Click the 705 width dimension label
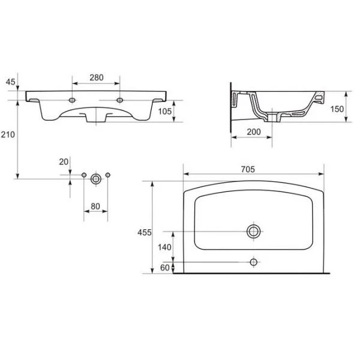pyautogui.click(x=248, y=169)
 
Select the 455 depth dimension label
pyautogui.click(x=145, y=233)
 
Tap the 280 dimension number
pyautogui.click(x=97, y=77)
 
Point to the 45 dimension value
pyautogui.click(x=10, y=82)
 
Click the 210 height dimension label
pyautogui.click(x=8, y=134)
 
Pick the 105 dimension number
pyautogui.click(x=165, y=112)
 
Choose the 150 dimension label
pyautogui.click(x=337, y=109)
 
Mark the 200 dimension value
pyautogui.click(x=254, y=132)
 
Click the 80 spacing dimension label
pyautogui.click(x=95, y=206)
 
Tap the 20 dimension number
pyautogui.click(x=64, y=162)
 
